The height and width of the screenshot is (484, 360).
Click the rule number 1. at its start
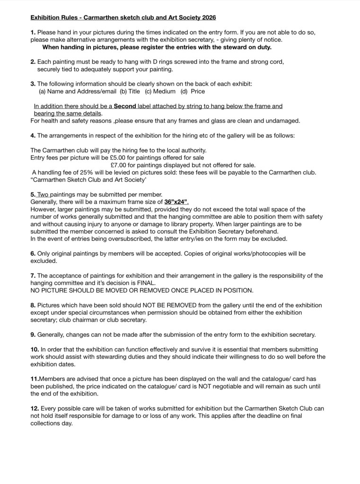[33, 32]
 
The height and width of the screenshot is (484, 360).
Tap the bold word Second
[125, 106]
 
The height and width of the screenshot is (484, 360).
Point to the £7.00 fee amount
[118, 165]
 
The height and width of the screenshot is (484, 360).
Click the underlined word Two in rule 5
[43, 194]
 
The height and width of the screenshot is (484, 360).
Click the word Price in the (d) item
[198, 91]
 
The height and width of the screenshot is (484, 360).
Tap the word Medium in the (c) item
[165, 91]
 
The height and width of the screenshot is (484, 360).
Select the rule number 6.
[33, 254]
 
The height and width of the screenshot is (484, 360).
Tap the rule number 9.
[33, 334]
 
